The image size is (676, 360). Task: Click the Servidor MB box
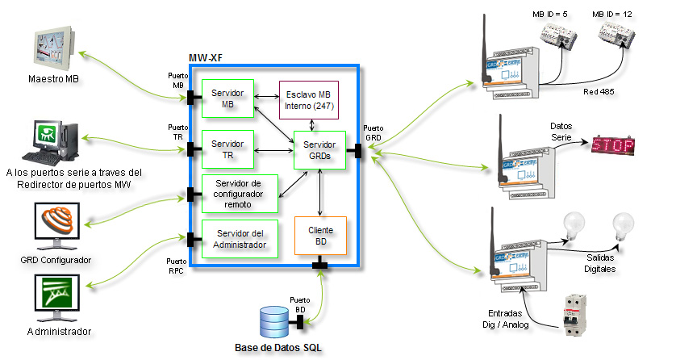(x=227, y=98)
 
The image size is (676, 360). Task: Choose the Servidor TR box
(x=227, y=149)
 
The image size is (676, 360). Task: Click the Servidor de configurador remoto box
(x=240, y=194)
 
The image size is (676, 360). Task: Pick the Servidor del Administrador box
(x=240, y=239)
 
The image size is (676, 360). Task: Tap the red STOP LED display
(x=612, y=146)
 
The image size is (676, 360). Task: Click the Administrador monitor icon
(x=57, y=299)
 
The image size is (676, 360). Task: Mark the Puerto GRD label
(x=373, y=132)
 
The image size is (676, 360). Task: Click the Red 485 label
(x=599, y=92)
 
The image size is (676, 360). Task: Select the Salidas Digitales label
(x=600, y=262)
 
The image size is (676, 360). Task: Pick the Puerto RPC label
(x=176, y=266)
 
